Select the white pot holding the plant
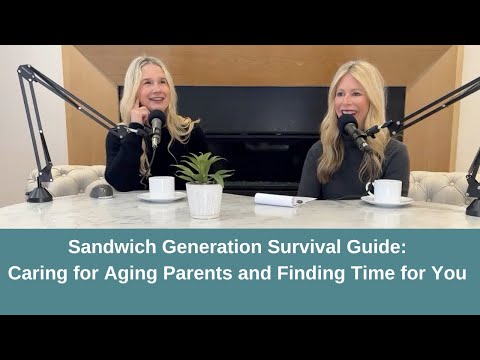(203, 200)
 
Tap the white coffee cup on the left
(161, 187)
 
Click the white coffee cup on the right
(386, 190)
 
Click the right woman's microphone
(350, 128)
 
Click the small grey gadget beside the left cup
(100, 189)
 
